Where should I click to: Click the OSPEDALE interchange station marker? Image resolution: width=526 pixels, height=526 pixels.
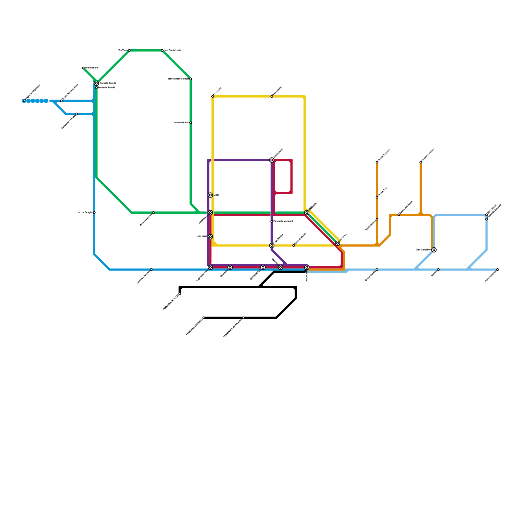click(272, 160)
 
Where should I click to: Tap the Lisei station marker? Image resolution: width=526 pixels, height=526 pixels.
click(210, 195)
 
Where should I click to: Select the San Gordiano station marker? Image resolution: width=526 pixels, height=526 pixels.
click(434, 250)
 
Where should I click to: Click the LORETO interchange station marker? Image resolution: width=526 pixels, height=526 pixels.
click(337, 243)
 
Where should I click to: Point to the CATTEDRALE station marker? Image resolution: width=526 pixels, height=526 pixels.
click(263, 268)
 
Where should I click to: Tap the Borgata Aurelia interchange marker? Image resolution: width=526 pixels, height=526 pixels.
click(96, 84)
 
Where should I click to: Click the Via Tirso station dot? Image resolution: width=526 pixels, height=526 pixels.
click(129, 50)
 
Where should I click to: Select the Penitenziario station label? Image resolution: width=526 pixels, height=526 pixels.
click(92, 68)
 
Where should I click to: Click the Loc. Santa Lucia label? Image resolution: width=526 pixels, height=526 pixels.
click(173, 50)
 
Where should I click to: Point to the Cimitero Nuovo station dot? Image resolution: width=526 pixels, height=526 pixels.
click(191, 123)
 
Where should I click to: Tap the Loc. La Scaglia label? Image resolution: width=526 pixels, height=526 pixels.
click(84, 213)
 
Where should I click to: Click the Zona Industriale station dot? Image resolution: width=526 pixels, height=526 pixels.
click(154, 213)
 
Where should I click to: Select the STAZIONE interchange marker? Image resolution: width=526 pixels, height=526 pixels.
click(307, 268)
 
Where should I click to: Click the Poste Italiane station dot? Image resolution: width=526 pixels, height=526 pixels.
click(377, 219)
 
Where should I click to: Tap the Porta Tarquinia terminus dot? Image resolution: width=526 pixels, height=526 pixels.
click(497, 270)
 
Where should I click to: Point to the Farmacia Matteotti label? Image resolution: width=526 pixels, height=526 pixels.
click(283, 221)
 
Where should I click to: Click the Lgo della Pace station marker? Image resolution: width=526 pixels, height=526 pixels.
click(210, 268)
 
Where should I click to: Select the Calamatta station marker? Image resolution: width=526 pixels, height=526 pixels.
click(230, 268)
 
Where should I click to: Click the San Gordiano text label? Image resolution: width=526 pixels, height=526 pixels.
click(423, 250)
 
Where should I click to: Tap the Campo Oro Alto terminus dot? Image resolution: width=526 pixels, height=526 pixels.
click(377, 162)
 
